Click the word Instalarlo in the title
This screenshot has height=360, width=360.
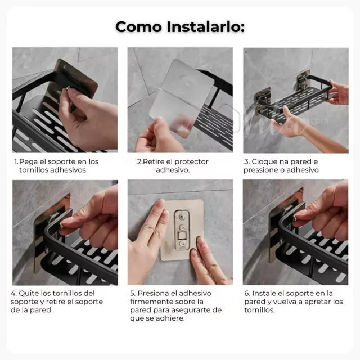click(205, 27)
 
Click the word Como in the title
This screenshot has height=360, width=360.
click(139, 27)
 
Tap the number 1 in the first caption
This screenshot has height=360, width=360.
click(16, 161)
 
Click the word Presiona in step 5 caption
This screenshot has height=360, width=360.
click(151, 293)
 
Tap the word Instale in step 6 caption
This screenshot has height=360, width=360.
click(263, 293)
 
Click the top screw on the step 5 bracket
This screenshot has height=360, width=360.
click(182, 216)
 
